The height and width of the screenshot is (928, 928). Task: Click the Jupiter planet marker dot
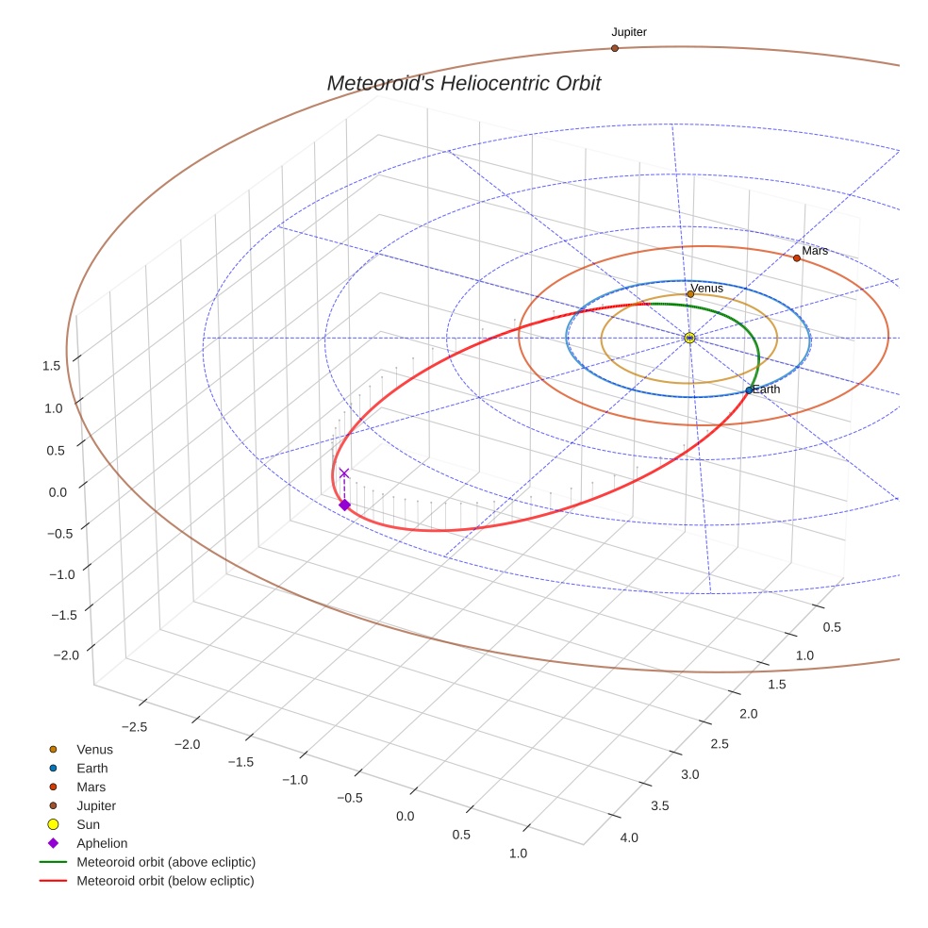(615, 48)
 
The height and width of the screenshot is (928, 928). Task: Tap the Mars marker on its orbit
(797, 258)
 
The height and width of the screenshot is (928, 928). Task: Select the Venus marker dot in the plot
(690, 294)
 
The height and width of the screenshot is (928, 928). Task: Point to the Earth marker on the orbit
(749, 390)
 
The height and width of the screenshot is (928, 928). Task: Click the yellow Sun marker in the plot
(689, 338)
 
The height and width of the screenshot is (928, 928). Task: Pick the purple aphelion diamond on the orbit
(344, 505)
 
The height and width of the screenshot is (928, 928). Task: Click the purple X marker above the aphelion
(344, 473)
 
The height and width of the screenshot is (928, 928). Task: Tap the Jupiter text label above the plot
(629, 32)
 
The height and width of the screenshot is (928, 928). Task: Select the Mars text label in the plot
(815, 251)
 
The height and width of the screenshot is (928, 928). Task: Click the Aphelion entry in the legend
(102, 843)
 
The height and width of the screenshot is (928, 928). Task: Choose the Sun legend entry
(88, 824)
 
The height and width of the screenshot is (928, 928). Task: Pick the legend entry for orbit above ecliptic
(166, 862)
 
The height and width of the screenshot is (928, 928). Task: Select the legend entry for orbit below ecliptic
(165, 881)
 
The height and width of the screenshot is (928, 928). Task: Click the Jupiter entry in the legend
(96, 805)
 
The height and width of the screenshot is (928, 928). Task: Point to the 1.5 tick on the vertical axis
(52, 366)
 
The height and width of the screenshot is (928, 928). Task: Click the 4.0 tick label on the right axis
(628, 837)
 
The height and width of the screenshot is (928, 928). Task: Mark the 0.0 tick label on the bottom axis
(406, 815)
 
